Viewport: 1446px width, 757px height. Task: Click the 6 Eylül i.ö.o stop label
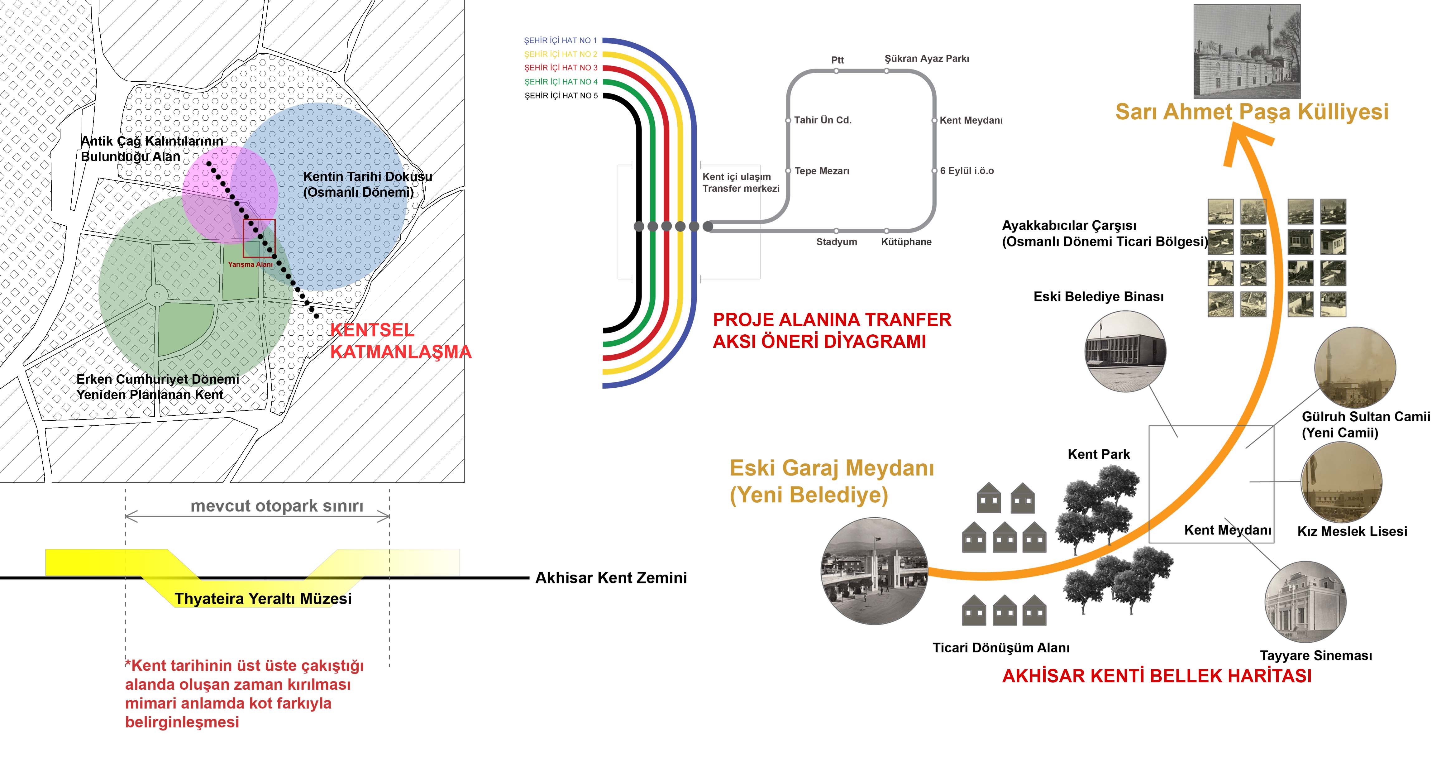click(966, 171)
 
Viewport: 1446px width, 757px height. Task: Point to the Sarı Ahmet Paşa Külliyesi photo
click(1247, 52)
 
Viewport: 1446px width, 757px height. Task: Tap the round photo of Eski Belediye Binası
click(1125, 351)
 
